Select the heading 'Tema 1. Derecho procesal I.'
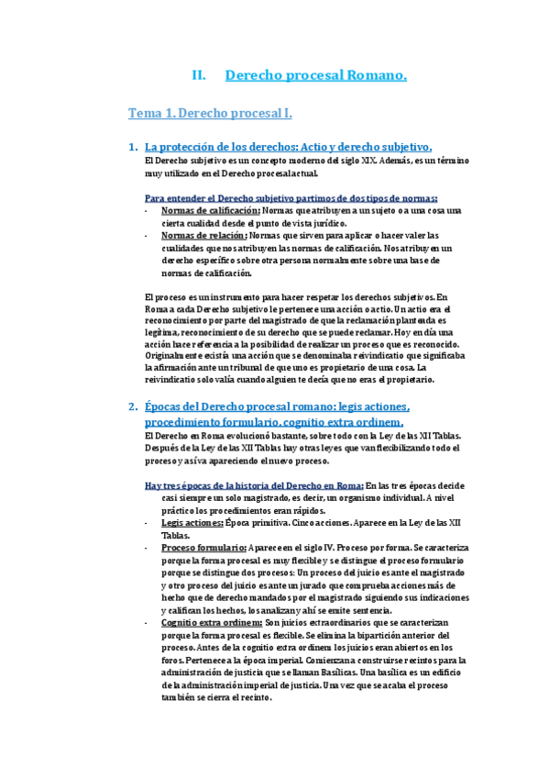210,114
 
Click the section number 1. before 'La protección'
134,147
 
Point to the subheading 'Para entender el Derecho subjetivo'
291,197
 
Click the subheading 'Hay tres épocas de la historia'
253,484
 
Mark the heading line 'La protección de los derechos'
289,147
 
